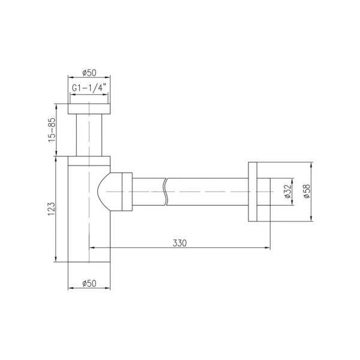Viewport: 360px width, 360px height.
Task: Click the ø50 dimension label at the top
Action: tap(89, 73)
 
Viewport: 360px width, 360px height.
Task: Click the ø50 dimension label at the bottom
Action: tap(89, 283)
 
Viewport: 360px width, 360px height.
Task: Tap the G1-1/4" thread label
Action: tap(89, 88)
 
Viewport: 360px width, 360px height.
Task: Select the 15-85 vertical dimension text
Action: tap(52, 130)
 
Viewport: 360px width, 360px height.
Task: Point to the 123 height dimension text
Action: tap(52, 209)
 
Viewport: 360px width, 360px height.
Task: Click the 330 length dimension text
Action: tap(179, 243)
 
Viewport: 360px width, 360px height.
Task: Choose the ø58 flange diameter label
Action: tap(307, 191)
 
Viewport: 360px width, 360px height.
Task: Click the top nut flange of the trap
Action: tap(89, 109)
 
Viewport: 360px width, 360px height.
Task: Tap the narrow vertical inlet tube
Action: tap(89, 135)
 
